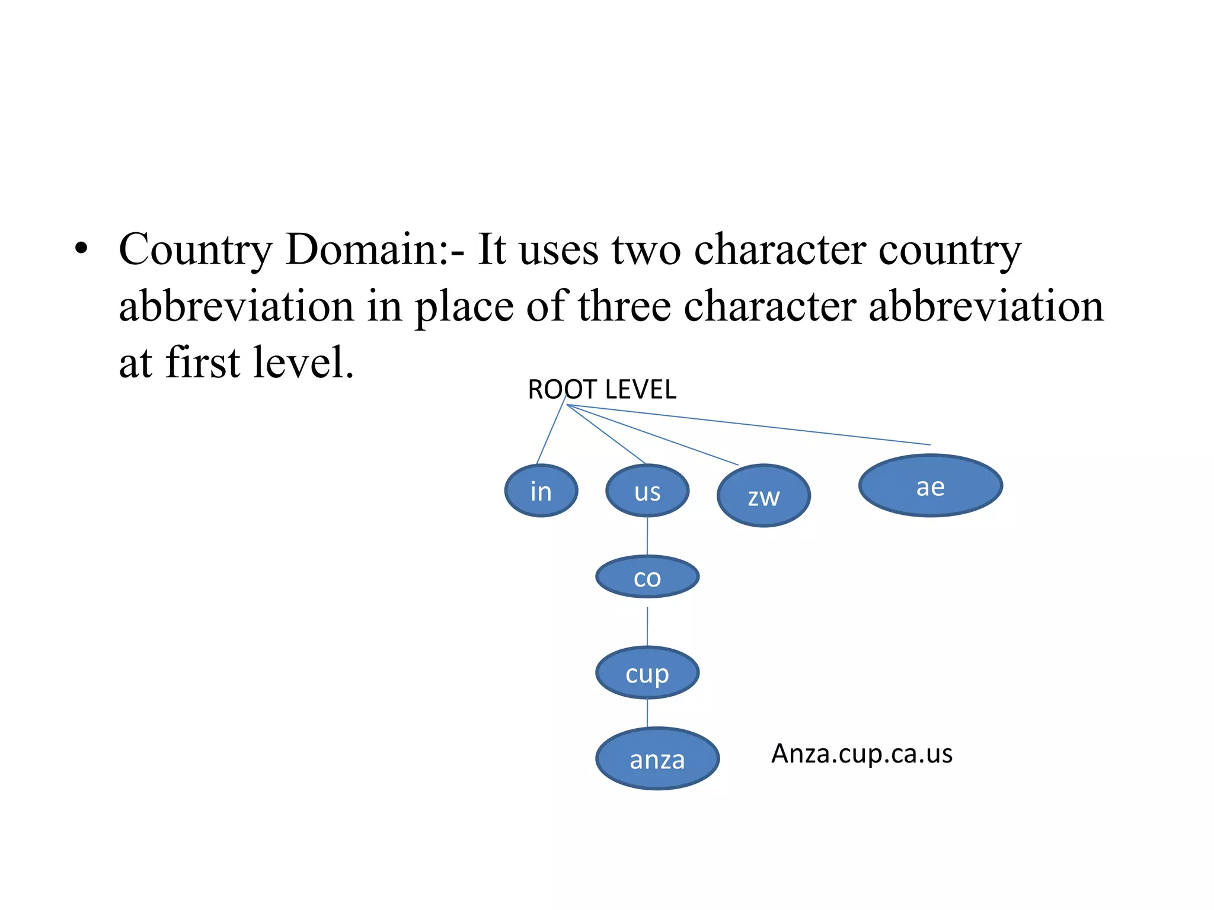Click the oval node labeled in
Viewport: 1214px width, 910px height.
[x=541, y=491]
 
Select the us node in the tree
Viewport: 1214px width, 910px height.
[x=647, y=491]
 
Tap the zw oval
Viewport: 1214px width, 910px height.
[x=763, y=496]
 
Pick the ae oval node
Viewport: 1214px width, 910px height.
[x=930, y=486]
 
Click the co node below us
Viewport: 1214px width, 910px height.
[x=647, y=576]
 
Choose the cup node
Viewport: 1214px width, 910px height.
[x=647, y=673]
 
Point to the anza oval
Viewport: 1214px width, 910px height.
[x=657, y=758]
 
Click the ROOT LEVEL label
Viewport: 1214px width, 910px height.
[x=602, y=389]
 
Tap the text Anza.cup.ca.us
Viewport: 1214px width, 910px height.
[x=861, y=753]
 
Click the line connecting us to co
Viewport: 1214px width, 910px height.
[x=647, y=536]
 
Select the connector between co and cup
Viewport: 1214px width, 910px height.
[x=647, y=626]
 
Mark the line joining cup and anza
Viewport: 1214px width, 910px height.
[x=647, y=713]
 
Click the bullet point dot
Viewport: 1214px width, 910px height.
[x=81, y=249]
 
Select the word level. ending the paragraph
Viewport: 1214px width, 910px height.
[x=303, y=362]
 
